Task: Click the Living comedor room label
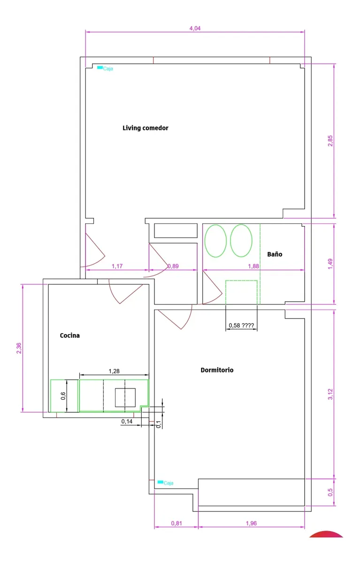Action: pos(146,128)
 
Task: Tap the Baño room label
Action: pos(275,254)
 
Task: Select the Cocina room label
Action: pos(69,335)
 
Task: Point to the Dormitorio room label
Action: pos(217,370)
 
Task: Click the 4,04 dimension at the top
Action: pos(195,29)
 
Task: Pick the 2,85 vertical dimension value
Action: pos(330,141)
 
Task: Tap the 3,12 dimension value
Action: pos(330,394)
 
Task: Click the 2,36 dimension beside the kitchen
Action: pos(19,348)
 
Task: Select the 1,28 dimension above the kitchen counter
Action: pos(114,371)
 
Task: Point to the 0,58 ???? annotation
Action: pos(241,326)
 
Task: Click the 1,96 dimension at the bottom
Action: pos(251,523)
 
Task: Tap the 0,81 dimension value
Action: pos(176,523)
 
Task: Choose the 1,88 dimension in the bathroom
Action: pos(253,266)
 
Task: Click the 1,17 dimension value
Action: pos(117,266)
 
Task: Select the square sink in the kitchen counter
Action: pos(125,397)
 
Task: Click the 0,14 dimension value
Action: pos(127,421)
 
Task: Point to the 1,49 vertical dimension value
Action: pos(330,264)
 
